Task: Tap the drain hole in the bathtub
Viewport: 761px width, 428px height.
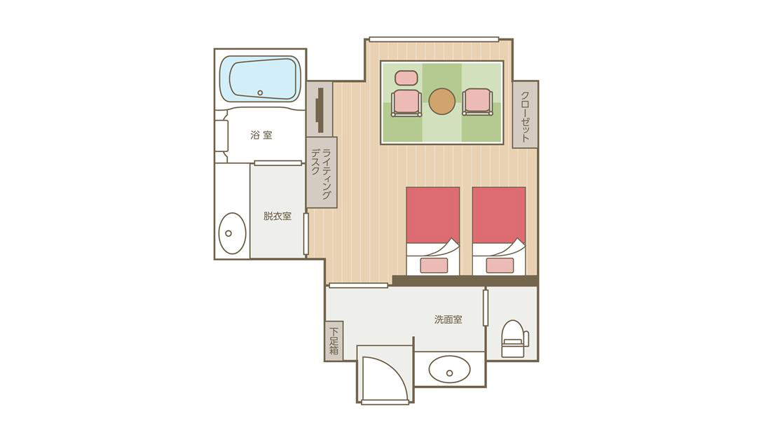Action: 260,92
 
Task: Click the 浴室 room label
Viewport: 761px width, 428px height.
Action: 261,135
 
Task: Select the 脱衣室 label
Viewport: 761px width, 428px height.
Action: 277,216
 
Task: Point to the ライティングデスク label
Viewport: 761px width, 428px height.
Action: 321,173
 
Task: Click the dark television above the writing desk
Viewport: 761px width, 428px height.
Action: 319,110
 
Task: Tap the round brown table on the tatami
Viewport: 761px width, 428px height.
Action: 442,102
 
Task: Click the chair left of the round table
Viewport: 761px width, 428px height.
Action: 406,102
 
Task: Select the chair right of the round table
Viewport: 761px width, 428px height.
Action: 478,102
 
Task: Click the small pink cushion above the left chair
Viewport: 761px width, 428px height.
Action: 406,78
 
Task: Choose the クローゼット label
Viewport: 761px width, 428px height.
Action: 525,116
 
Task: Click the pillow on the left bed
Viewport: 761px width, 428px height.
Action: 433,265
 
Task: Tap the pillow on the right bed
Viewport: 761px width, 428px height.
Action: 500,265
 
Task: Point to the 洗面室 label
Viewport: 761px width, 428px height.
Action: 448,320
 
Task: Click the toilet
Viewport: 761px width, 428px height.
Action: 514,338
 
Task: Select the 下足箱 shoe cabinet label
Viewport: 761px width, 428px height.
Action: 334,340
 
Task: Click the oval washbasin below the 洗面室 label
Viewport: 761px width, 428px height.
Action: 449,369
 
